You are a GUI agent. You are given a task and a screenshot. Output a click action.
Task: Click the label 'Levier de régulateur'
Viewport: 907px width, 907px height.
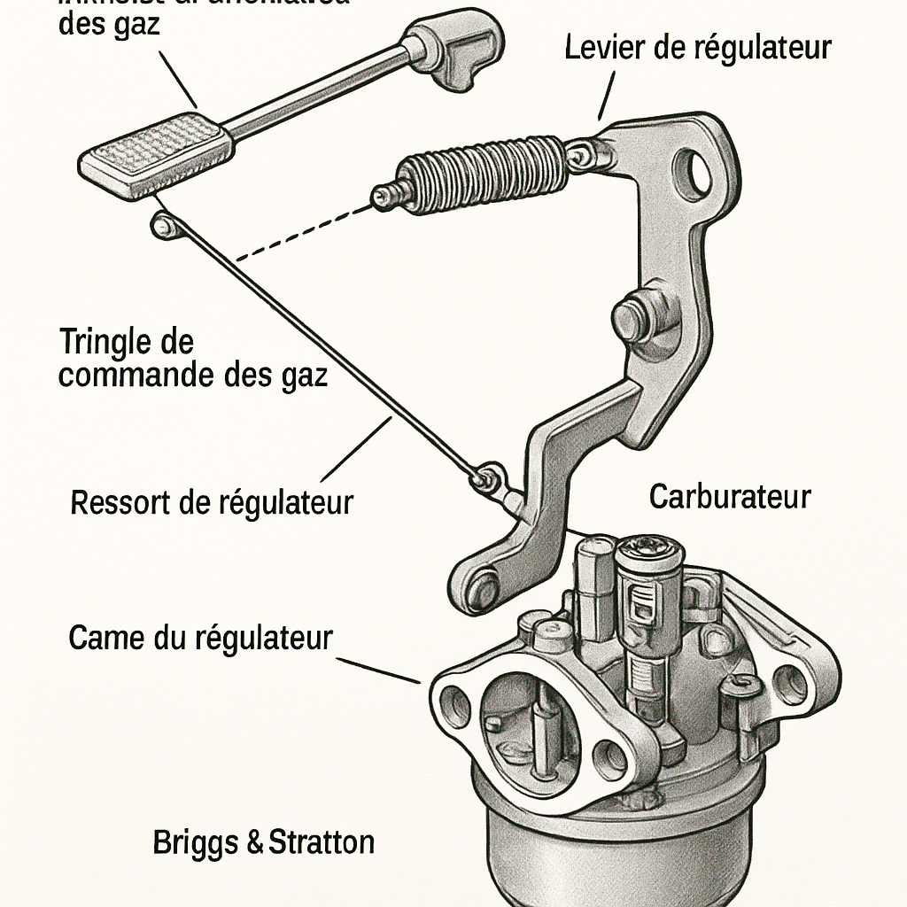tap(698, 47)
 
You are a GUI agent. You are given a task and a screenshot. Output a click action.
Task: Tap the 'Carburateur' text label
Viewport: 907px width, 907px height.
tap(729, 497)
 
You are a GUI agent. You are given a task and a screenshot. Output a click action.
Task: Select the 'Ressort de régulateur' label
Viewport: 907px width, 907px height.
tap(211, 502)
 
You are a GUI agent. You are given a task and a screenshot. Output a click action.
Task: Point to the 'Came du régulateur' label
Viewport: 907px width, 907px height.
tap(200, 638)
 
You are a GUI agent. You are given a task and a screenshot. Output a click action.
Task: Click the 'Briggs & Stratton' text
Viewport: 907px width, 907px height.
tap(263, 841)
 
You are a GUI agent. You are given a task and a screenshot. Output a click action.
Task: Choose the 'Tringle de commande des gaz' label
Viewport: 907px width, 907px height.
tap(192, 358)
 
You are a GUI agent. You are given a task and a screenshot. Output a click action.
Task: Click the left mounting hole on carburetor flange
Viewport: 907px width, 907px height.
tap(456, 705)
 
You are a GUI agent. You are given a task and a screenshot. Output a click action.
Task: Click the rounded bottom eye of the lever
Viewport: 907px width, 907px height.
tap(482, 585)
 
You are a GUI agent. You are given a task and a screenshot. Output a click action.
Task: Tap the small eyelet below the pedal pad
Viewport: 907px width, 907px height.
tap(162, 225)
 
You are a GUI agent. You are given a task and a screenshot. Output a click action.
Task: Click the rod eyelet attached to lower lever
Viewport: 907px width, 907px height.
tap(486, 478)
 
